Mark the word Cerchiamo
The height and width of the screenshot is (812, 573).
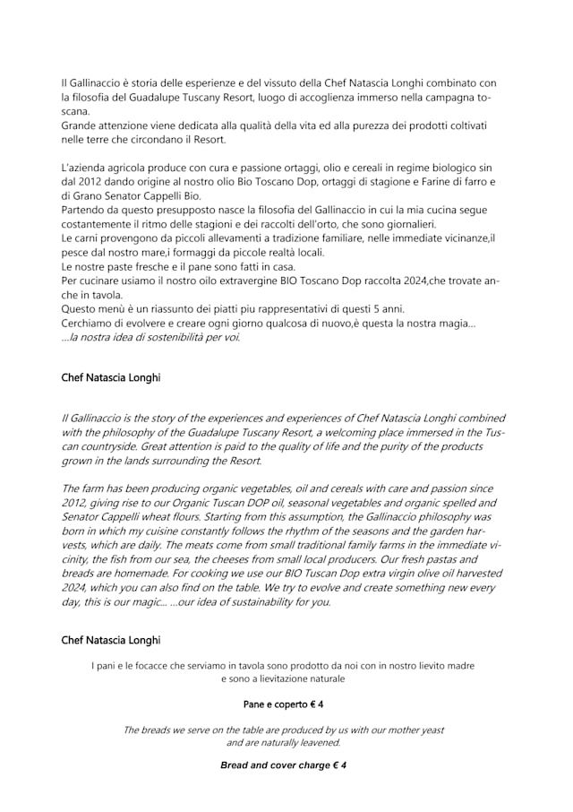[x=88, y=323]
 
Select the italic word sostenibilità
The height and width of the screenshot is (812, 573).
[x=168, y=337]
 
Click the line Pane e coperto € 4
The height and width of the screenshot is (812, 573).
[x=283, y=704]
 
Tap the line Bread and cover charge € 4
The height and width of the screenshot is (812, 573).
[x=283, y=765]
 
